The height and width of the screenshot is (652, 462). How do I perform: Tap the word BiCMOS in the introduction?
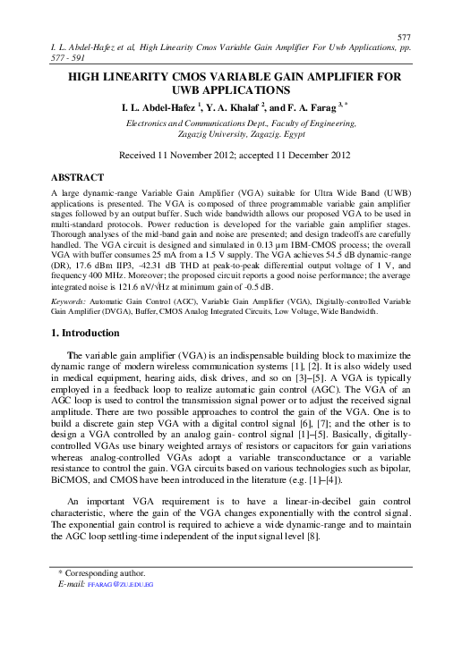(x=73, y=479)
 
